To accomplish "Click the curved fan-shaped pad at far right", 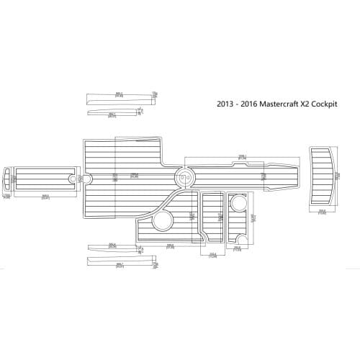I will tap(323, 176).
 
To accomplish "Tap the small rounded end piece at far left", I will tap(7, 178).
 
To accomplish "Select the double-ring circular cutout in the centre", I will tap(186, 175).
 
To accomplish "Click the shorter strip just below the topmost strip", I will tap(112, 112).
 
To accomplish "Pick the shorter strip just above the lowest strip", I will tap(112, 248).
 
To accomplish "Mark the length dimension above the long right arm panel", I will tap(243, 156).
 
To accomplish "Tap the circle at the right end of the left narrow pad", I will tap(73, 178).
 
